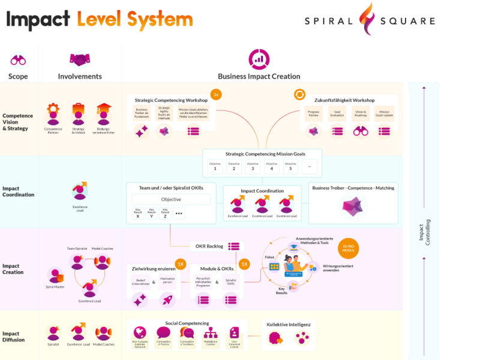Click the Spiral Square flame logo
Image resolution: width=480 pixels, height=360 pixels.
pos(366,19)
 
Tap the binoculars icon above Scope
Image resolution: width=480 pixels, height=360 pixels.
pos(18,60)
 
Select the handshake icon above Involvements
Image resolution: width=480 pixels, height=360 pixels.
pos(79,59)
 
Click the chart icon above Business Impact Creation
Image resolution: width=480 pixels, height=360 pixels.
pos(259,59)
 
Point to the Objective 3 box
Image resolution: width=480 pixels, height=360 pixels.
pos(253,166)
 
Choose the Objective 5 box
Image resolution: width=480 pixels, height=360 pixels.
pos(290,166)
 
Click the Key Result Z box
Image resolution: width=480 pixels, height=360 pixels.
pos(165,213)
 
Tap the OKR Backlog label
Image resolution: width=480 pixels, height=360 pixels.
pos(209,246)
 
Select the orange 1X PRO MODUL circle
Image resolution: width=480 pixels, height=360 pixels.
pos(348,248)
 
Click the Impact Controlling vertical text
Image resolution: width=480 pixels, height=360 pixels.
pos(424,235)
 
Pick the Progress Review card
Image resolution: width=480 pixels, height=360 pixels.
pos(313,114)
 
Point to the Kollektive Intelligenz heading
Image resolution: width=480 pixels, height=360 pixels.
pos(289,325)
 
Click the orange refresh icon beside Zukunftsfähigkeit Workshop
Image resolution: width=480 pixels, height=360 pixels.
pos(299,95)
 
